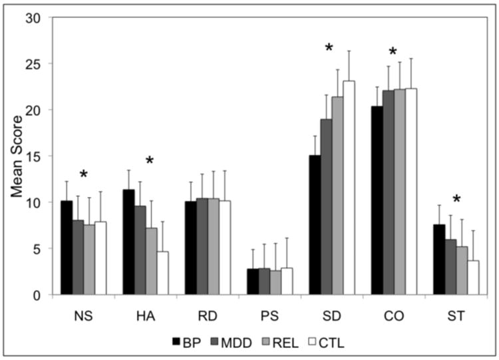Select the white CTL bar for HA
[x=162, y=273]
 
